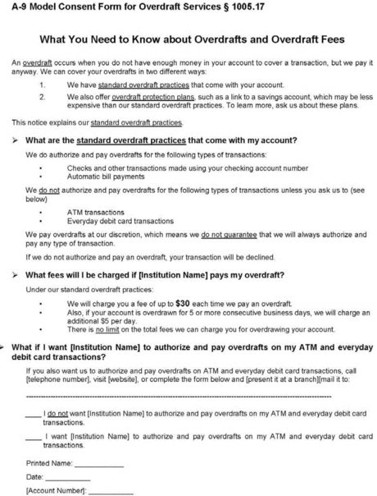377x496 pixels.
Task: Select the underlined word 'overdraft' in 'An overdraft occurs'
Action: coord(30,62)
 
